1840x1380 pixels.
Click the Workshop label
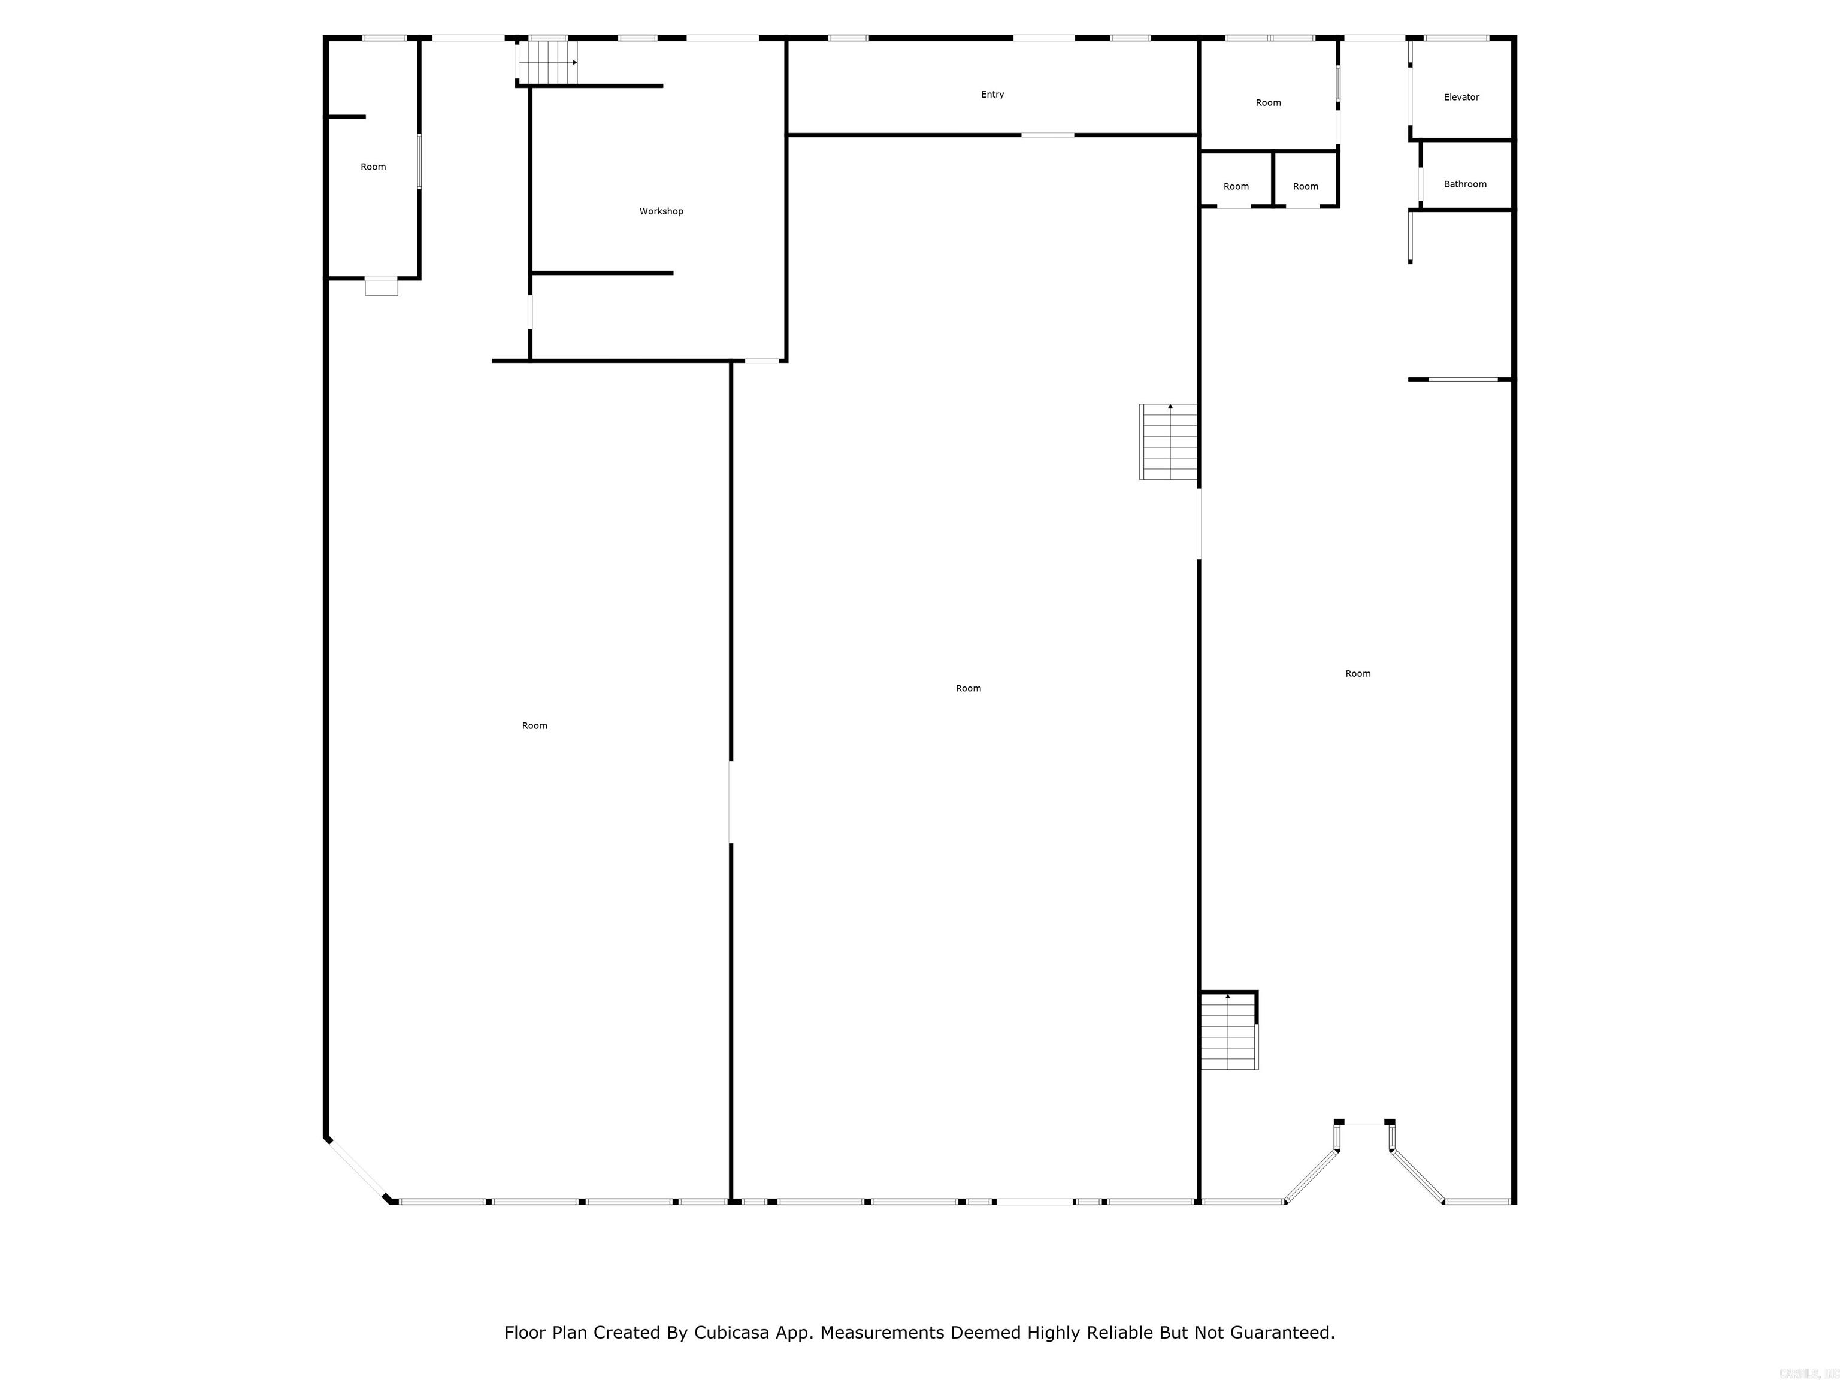pos(661,211)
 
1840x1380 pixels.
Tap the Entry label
pos(992,95)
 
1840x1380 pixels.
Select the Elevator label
pos(1461,97)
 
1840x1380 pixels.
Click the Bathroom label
pos(1465,184)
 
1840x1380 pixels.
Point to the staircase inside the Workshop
pos(547,62)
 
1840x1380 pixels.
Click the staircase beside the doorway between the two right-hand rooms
pos(1169,441)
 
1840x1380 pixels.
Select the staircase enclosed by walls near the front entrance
pos(1228,1031)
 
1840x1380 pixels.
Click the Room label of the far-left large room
pos(535,726)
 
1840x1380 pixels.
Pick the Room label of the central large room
pos(969,689)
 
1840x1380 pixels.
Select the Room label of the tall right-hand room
pos(1358,674)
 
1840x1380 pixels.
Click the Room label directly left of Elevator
pos(1268,103)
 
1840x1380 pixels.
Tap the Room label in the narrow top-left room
pos(374,167)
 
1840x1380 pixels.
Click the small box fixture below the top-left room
pos(382,287)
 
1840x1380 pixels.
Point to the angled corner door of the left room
pos(356,1169)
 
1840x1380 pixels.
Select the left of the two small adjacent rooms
pos(1236,187)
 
